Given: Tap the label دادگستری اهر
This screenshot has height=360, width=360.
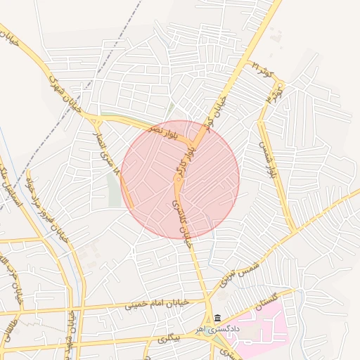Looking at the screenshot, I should (x=218, y=329).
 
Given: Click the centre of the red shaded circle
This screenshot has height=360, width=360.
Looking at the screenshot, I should (x=180, y=180).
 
